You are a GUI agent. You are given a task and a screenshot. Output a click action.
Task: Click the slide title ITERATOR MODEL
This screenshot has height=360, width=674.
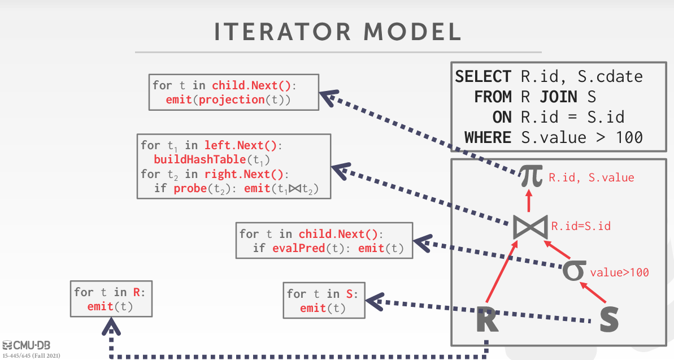[337, 32]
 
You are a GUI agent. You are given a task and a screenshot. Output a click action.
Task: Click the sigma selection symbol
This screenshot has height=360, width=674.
[574, 270]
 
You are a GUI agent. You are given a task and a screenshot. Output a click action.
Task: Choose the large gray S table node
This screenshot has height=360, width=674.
[608, 319]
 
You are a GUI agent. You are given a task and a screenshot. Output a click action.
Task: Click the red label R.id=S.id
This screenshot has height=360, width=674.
[581, 227]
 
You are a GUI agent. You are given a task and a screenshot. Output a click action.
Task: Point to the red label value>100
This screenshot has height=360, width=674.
[619, 272]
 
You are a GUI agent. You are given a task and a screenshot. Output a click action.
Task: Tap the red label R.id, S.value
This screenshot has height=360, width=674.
[592, 177]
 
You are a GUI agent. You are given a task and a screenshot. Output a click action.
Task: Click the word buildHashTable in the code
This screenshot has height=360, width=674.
[191, 159]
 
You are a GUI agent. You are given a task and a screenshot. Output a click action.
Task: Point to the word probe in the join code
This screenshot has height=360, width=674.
[187, 188]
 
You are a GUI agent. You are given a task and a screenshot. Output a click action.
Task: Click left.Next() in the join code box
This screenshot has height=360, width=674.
[241, 145]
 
